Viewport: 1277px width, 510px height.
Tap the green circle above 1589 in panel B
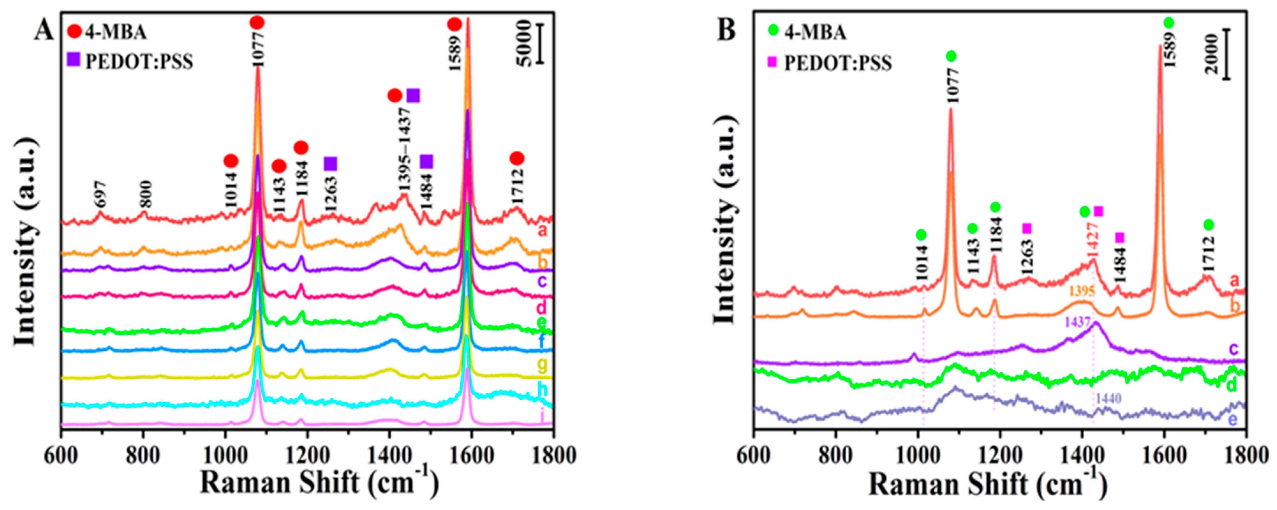(x=1169, y=22)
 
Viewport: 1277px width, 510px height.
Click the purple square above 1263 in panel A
(x=330, y=164)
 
